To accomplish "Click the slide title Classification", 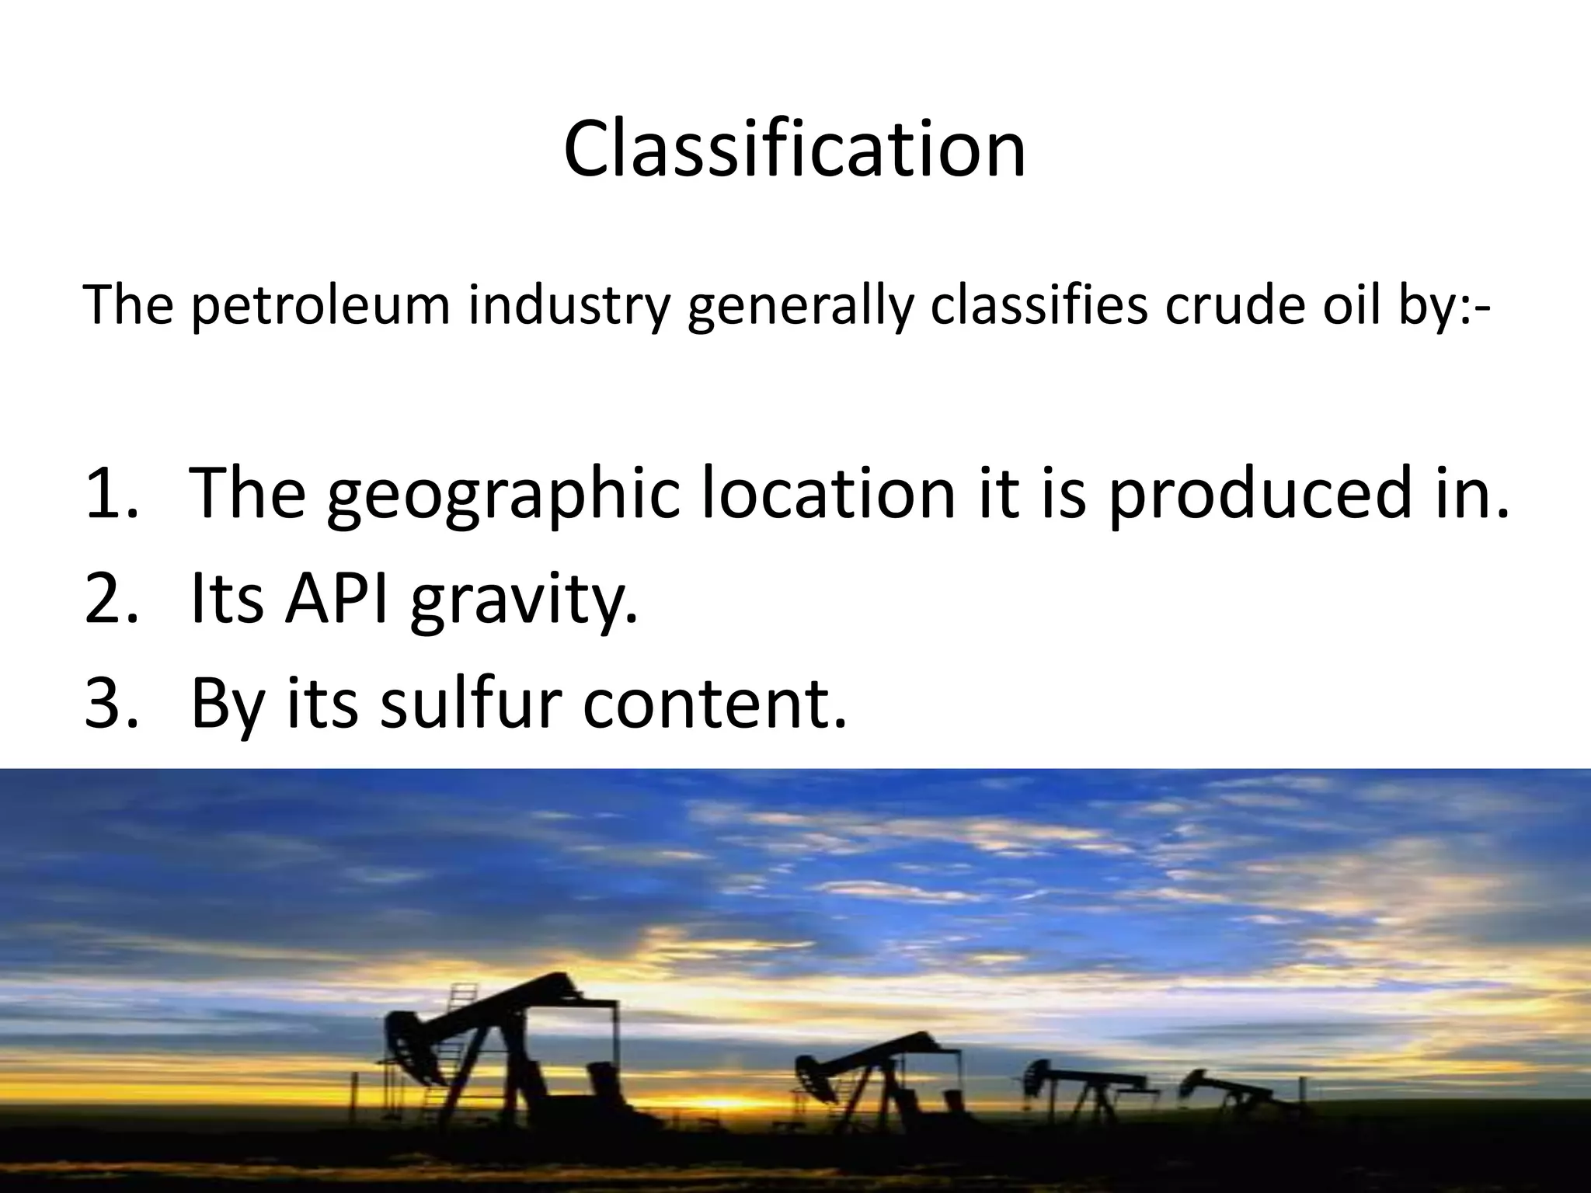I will pos(795,149).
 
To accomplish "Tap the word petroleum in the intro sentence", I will pos(320,305).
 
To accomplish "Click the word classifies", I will pos(1038,305).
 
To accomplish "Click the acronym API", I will pos(336,599).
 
